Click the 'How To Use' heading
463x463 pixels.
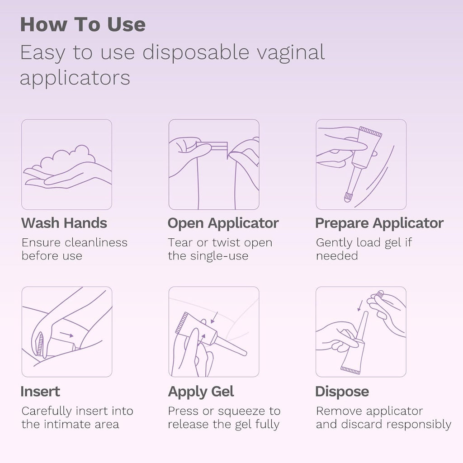tap(83, 24)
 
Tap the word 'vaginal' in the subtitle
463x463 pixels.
tap(291, 53)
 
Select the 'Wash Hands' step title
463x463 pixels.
tap(64, 223)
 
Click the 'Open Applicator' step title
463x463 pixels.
tap(223, 223)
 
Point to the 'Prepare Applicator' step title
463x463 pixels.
tap(379, 223)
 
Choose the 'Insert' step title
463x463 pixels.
tap(40, 392)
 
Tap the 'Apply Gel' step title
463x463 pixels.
tap(201, 392)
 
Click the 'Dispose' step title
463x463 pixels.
tap(342, 392)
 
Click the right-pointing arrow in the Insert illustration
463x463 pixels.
tap(66, 335)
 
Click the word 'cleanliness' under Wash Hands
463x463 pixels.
tap(96, 242)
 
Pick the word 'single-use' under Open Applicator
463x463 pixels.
tap(219, 256)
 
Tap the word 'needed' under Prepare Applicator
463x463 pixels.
tap(337, 256)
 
